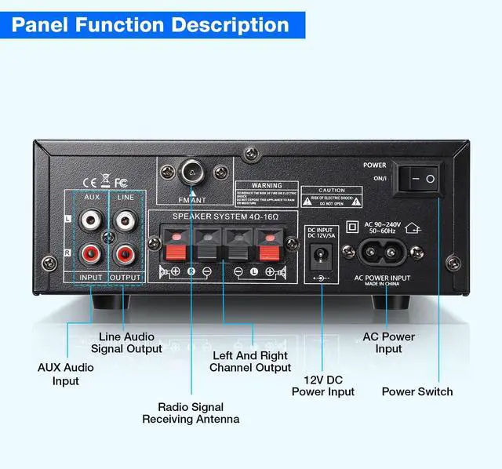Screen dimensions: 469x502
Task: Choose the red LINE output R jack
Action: (x=125, y=253)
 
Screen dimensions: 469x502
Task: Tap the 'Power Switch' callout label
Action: (x=417, y=391)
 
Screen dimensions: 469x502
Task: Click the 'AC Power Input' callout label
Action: (x=388, y=343)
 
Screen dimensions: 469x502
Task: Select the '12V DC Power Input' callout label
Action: (x=323, y=385)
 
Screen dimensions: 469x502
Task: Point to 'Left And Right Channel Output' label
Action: (x=251, y=361)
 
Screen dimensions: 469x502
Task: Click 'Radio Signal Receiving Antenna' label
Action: (x=191, y=413)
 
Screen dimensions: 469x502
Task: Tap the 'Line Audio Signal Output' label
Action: (x=126, y=342)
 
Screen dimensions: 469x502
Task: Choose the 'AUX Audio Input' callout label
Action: (x=66, y=373)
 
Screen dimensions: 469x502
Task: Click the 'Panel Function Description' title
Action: (x=151, y=24)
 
